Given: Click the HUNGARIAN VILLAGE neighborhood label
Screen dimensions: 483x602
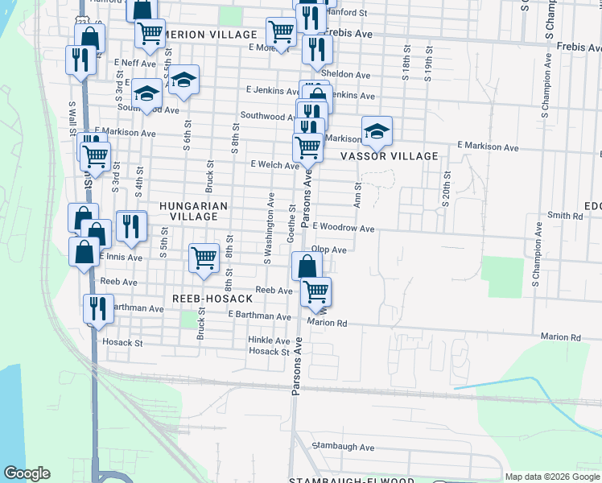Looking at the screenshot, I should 193,211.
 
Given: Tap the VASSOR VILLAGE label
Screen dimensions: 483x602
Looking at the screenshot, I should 390,156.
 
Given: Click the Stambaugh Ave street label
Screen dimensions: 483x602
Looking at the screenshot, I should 344,447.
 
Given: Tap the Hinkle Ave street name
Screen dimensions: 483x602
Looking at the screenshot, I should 269,341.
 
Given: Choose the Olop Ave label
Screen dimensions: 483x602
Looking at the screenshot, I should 328,250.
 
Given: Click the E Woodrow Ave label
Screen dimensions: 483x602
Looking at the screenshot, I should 344,229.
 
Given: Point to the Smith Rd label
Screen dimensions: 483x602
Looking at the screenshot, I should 564,216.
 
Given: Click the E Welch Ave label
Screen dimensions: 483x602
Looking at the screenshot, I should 274,164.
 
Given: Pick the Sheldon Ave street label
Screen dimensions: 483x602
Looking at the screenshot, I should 345,75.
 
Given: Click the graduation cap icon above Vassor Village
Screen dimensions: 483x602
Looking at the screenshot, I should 376,129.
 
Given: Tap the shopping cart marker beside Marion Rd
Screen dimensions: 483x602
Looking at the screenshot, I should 316,291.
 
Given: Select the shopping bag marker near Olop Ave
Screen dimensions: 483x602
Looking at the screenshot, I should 307,265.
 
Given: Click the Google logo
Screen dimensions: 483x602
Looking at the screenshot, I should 27,473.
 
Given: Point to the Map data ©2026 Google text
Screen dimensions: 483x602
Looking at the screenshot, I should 551,477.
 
